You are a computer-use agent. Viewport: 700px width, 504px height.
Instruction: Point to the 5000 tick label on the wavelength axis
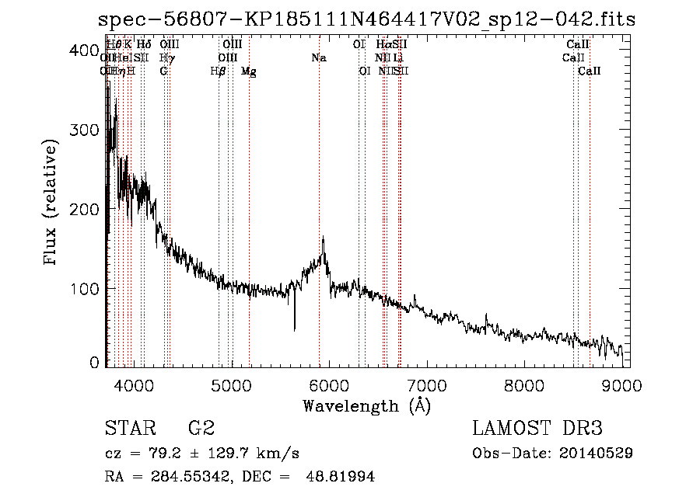(230, 383)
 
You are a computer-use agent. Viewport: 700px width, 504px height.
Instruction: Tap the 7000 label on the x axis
(426, 383)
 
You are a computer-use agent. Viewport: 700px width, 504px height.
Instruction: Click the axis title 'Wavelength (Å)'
(366, 405)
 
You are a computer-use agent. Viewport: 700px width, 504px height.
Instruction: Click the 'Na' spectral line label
(318, 57)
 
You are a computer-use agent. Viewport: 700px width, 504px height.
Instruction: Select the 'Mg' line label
(248, 71)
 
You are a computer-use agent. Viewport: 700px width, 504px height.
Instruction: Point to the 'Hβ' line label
(219, 71)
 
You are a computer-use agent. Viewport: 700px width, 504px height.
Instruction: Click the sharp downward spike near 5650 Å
(294, 328)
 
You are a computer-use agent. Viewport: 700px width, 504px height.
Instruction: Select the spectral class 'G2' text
(201, 428)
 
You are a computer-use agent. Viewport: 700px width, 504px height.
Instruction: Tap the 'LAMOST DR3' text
(537, 428)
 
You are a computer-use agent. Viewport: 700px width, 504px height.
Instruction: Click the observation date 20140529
(596, 453)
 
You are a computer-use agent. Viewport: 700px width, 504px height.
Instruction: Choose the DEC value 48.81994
(342, 477)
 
